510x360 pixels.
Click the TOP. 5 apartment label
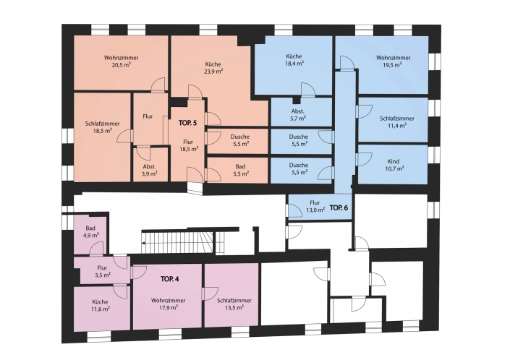pos(187,123)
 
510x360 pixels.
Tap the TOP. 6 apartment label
pos(339,208)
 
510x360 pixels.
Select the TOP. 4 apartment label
pos(169,279)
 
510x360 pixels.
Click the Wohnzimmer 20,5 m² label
pos(121,61)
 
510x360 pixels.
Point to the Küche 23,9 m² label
pos(213,67)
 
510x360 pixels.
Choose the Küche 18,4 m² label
pos(294,60)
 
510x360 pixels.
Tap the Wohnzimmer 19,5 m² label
pos(393,61)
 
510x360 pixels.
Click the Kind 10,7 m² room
pos(393,164)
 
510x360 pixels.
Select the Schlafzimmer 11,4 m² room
pos(393,119)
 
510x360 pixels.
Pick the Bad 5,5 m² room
pos(238,171)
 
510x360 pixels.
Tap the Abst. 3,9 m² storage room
pos(150,165)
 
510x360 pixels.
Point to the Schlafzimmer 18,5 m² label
pos(102,127)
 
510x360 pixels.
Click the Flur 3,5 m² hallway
pos(102,270)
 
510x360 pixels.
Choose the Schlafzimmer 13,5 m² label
pos(234,304)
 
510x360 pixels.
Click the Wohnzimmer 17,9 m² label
pos(168,304)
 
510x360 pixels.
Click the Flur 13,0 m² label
pos(315,206)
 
